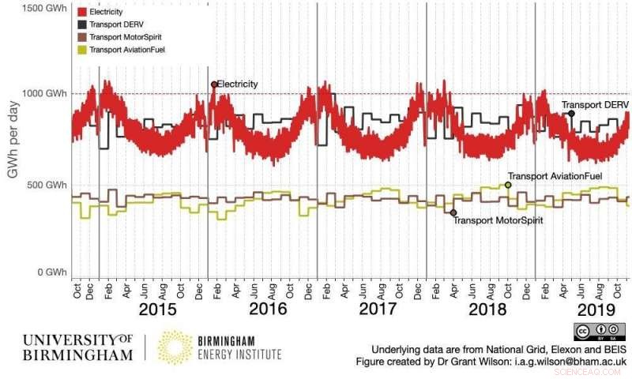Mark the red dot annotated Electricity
[214, 84]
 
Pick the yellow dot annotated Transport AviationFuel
[508, 185]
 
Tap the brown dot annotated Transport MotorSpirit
[453, 212]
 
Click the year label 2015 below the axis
[158, 309]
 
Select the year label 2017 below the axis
[378, 309]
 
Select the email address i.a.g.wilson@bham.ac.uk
[562, 361]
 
